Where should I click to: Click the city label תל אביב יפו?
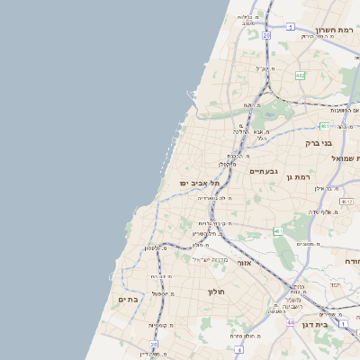pos(199,184)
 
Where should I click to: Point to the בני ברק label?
pos(319,142)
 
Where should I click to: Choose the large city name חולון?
pos(216,292)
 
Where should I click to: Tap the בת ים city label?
pos(128,300)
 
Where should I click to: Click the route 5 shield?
pos(291,27)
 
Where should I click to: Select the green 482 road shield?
pos(300,76)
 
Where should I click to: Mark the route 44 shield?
pos(290,322)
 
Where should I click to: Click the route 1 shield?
pos(343,322)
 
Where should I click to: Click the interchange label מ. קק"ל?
pos(263,67)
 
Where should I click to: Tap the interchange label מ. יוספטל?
pos(163,293)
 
